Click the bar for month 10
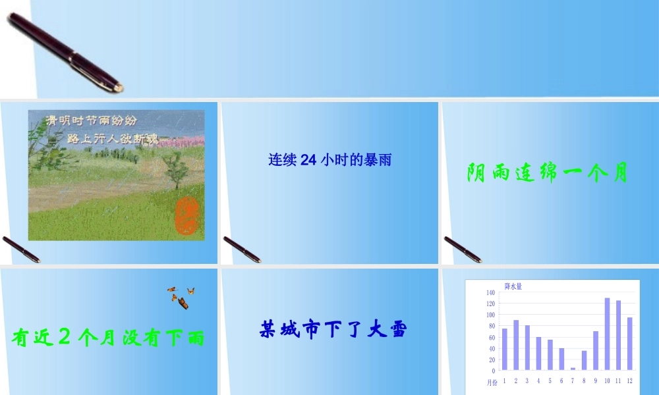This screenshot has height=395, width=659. click(608, 334)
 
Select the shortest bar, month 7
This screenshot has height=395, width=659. click(573, 369)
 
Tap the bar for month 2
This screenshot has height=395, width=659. click(516, 345)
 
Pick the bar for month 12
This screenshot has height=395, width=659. click(630, 344)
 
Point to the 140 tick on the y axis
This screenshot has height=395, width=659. click(490, 292)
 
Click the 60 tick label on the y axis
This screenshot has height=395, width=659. click(491, 338)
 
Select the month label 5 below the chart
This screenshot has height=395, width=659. click(550, 381)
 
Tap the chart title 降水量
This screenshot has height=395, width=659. click(513, 286)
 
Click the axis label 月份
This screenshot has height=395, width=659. click(492, 382)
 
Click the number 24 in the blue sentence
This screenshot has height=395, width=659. click(309, 160)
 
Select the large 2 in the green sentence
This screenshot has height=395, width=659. click(64, 336)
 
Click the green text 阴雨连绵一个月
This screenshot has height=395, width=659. click(547, 173)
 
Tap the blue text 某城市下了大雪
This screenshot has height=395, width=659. click(333, 329)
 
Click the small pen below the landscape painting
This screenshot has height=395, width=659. click(20, 249)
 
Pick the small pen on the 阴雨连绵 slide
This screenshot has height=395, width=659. click(462, 249)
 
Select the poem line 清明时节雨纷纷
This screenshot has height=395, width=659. click(91, 121)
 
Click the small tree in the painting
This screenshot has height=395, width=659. click(175, 169)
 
